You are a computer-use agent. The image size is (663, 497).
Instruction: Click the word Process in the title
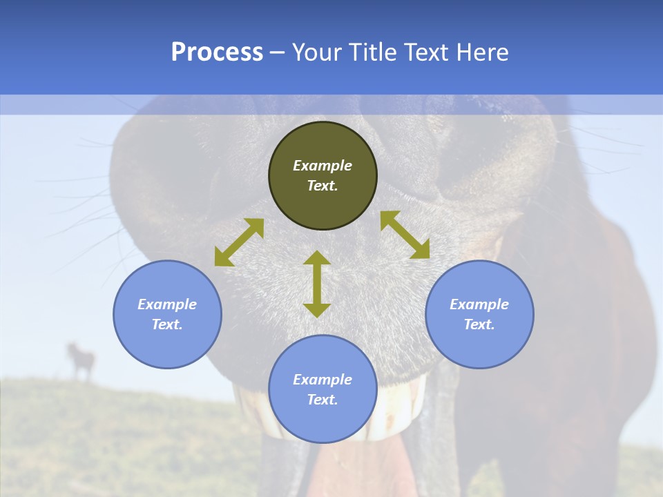point(217,52)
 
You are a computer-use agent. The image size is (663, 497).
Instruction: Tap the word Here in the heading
point(482,52)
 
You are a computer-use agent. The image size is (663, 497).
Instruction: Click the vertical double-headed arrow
point(317,284)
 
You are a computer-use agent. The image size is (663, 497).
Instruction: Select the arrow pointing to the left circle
point(239,242)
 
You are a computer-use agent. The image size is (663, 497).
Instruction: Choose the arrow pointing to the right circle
point(405,235)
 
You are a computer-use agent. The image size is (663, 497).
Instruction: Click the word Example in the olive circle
point(323,166)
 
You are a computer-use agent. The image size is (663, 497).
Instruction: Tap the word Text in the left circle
point(167,324)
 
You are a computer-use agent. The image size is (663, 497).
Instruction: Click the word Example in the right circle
point(479,304)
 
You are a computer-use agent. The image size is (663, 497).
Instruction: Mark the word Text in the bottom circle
point(323,400)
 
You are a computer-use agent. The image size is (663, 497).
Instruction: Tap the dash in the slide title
point(277,52)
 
